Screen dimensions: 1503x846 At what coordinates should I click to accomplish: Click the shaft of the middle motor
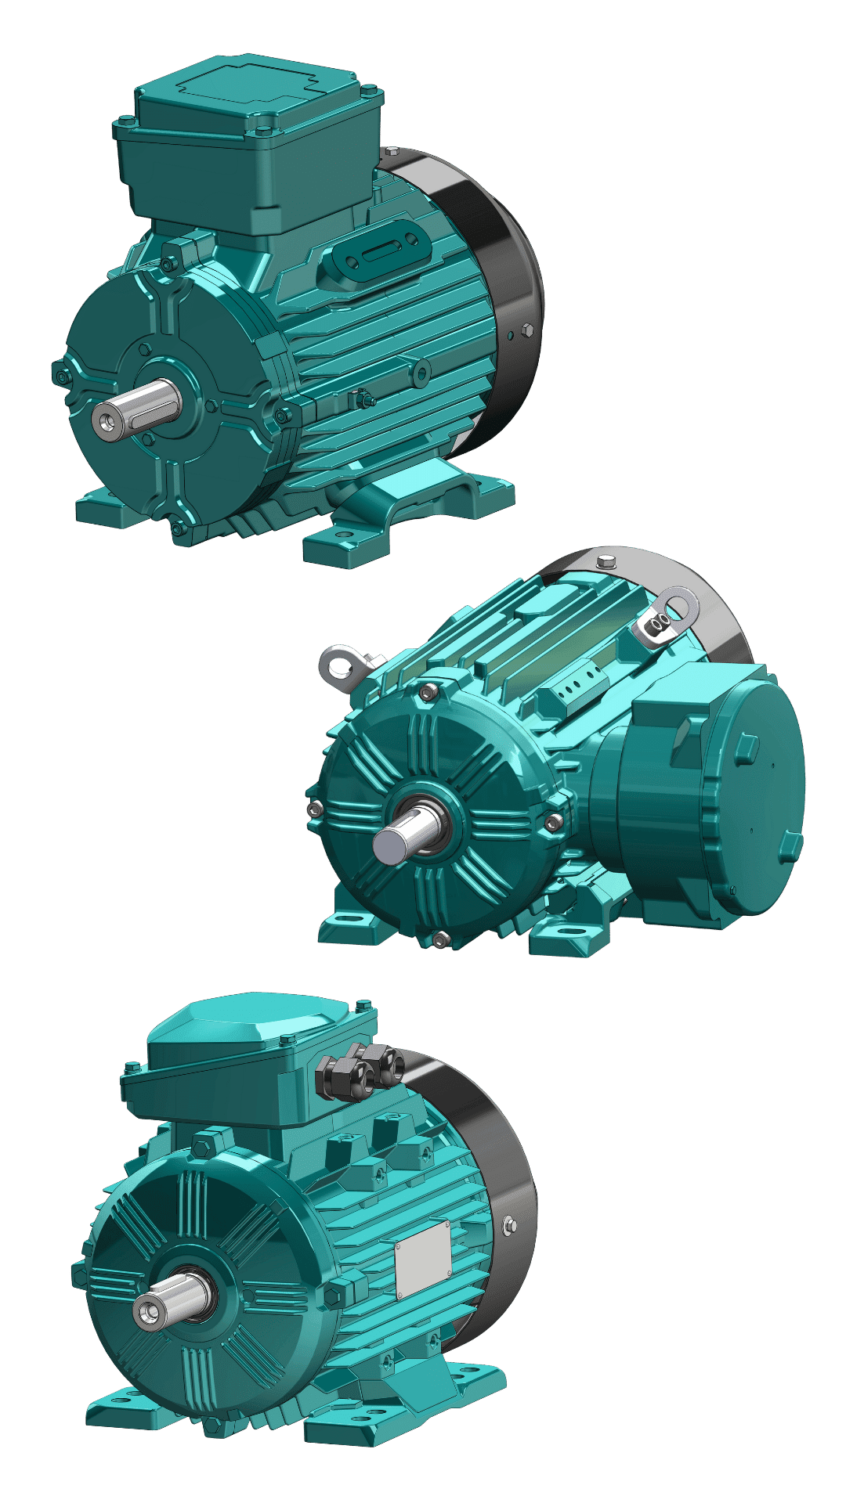pos(396,842)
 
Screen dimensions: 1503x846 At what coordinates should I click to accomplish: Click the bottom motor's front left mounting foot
pos(117,1409)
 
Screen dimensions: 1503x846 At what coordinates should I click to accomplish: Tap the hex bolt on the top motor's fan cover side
pos(527,332)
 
